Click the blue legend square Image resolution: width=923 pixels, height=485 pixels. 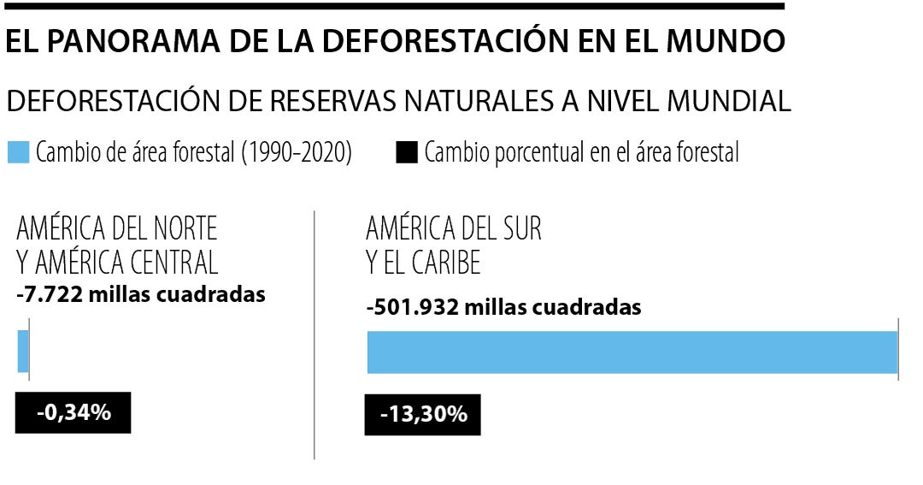coord(18,153)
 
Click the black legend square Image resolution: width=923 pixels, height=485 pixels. coord(407,153)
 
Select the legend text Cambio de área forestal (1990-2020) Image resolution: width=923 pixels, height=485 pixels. coord(193,153)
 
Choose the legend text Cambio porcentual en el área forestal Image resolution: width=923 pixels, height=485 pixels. coord(581,153)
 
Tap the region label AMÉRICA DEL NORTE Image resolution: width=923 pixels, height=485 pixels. coord(116,228)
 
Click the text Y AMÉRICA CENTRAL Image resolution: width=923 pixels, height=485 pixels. coord(117,261)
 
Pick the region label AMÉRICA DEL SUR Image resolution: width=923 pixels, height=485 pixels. coord(454,228)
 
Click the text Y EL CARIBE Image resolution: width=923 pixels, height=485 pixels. coord(423,261)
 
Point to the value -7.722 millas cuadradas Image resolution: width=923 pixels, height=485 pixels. coord(141,294)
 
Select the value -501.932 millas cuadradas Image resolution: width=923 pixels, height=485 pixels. coord(503,307)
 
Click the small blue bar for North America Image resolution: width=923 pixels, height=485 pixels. coord(23,351)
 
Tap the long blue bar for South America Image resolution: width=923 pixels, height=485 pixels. coord(632,352)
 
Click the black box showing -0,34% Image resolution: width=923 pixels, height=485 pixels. coord(73,412)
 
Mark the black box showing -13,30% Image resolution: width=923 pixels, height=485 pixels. coord(422,415)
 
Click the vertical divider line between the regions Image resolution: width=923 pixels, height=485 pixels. coord(315,342)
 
